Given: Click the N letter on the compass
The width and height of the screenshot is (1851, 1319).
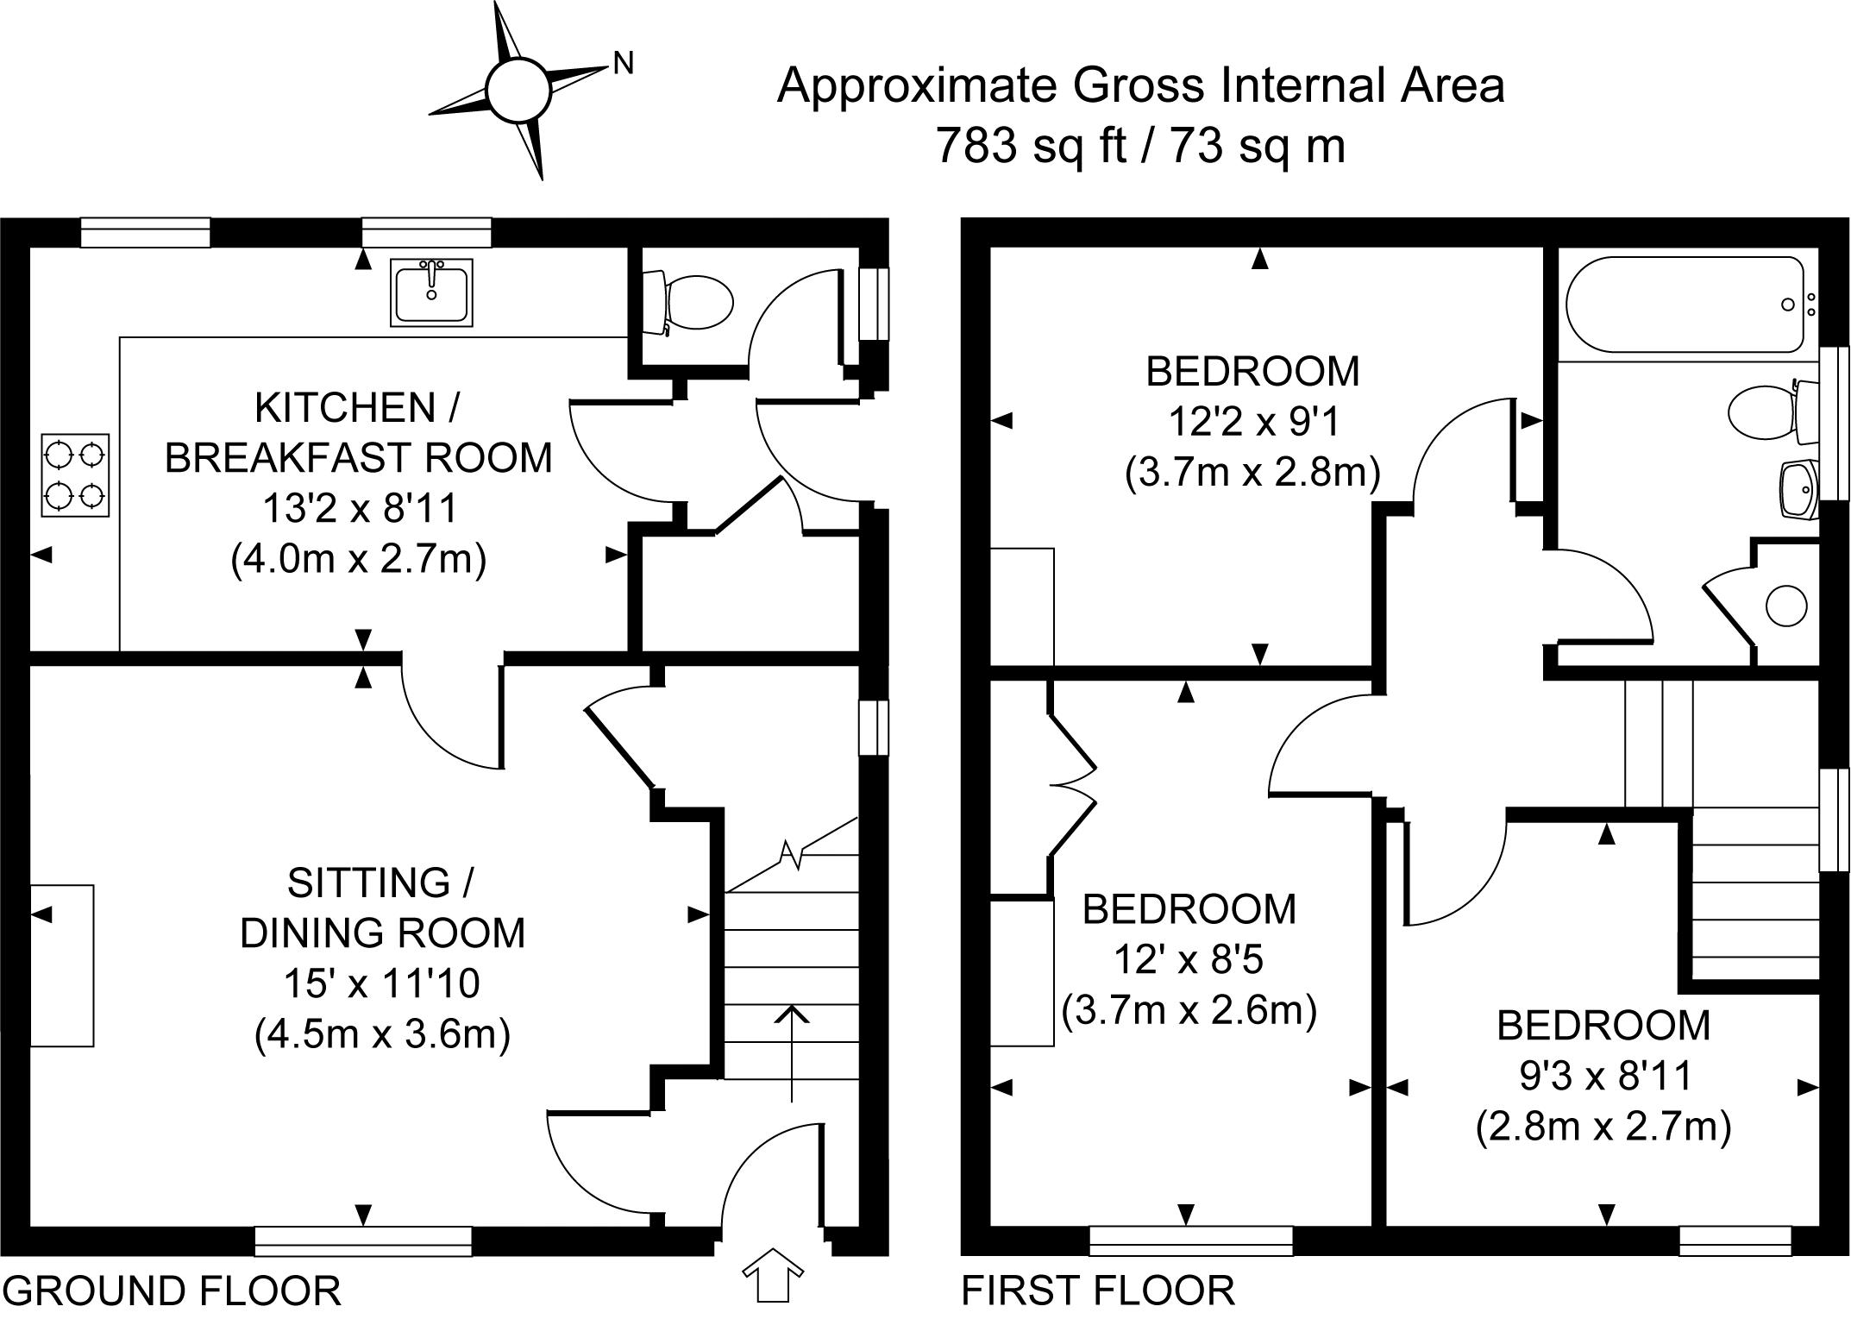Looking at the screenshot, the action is point(623,64).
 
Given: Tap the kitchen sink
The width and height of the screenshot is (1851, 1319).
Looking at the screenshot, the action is point(431,292).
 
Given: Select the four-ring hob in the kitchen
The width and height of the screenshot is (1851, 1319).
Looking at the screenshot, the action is point(76,474).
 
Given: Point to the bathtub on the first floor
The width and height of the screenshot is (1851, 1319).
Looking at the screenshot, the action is point(1684,304).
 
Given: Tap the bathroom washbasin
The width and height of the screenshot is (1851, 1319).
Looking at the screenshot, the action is point(1798,489).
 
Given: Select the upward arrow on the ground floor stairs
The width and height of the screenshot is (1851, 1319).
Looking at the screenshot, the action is point(793,1052).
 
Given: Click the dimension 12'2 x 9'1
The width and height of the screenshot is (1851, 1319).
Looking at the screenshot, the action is point(1252,423).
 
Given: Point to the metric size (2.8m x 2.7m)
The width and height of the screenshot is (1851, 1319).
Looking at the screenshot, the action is point(1603,1127).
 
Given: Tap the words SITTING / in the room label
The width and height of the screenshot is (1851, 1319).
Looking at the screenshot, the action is point(380,882).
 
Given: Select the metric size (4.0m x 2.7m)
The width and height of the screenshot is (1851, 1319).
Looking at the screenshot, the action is point(358,560).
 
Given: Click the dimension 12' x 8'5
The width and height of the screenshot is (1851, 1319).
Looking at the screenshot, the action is point(1189,958).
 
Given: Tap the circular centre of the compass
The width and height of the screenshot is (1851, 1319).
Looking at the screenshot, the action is point(518,90).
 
